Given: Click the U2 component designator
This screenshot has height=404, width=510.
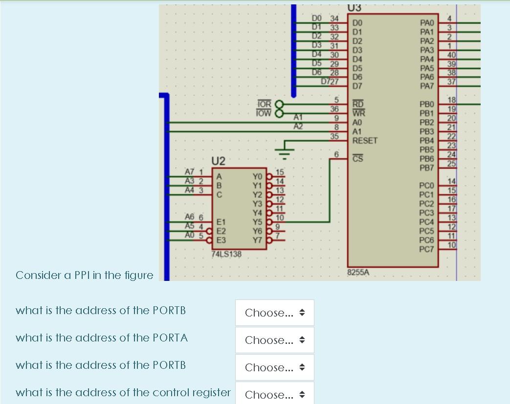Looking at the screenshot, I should [x=219, y=161].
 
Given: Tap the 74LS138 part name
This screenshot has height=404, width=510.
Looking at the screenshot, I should [x=226, y=255].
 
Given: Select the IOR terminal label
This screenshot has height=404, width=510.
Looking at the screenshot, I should [x=264, y=104].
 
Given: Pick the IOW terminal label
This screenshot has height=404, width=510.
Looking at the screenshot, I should [x=264, y=113].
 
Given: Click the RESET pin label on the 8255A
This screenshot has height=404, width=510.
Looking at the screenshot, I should [x=365, y=140].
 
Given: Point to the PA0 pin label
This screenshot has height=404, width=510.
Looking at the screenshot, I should [x=427, y=22].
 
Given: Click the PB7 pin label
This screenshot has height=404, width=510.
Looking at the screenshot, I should [x=427, y=168].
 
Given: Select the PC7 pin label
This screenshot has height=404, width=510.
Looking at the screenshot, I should [x=427, y=250].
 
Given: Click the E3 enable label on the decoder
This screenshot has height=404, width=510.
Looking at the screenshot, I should [x=222, y=240].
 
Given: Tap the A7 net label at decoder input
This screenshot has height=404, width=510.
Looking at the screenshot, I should [x=190, y=171].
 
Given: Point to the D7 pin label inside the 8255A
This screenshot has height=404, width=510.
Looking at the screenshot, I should [x=357, y=86].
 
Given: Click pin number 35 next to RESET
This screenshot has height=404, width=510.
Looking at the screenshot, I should [x=334, y=136].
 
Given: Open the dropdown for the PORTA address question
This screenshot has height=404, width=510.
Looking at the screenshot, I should [x=274, y=340].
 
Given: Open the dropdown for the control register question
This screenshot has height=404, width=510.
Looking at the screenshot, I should [x=274, y=395].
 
